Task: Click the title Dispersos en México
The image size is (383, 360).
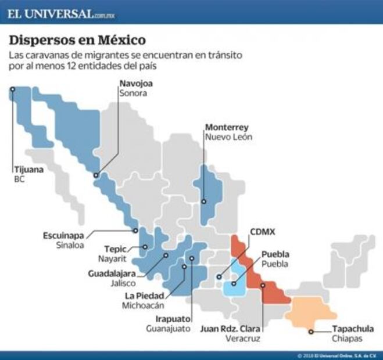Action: (77, 41)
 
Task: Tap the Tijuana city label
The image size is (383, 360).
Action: (28, 171)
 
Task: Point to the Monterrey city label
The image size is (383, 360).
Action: (226, 127)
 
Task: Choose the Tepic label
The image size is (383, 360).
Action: (116, 248)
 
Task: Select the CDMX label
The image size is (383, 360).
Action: (262, 232)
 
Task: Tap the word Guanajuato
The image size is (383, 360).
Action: (169, 328)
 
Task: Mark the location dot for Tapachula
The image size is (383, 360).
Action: (312, 332)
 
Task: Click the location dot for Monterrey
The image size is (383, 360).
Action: (203, 201)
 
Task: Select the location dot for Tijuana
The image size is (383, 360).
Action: (12, 89)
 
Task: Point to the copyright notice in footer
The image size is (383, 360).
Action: (337, 355)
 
